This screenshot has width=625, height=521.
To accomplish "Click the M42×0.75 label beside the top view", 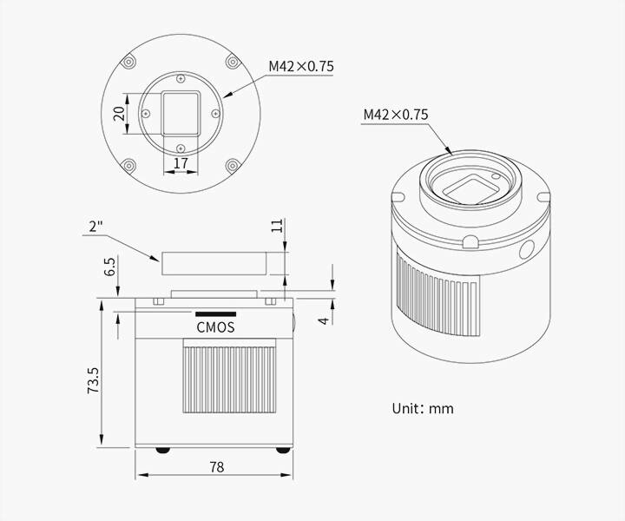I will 301,66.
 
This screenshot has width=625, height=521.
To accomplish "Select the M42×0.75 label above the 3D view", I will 396,115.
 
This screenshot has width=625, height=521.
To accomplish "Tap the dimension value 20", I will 120,114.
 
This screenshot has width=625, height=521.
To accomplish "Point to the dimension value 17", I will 181,162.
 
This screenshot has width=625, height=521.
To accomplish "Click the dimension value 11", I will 277,227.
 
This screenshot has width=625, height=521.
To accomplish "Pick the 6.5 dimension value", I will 109,266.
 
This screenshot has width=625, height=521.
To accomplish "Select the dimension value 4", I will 323,320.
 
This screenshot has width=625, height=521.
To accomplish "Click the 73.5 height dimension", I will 94,379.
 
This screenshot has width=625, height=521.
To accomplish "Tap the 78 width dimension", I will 216,466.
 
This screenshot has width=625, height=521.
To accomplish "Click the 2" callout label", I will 97,228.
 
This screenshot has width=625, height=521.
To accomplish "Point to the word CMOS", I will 215,327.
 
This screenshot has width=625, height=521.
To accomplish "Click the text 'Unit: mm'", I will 422,407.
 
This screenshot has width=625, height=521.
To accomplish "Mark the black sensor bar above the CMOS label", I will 215,313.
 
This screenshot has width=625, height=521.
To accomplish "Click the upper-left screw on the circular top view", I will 128,63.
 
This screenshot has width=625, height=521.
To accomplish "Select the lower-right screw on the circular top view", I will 231,165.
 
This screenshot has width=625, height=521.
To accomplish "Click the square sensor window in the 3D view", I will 471,186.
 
